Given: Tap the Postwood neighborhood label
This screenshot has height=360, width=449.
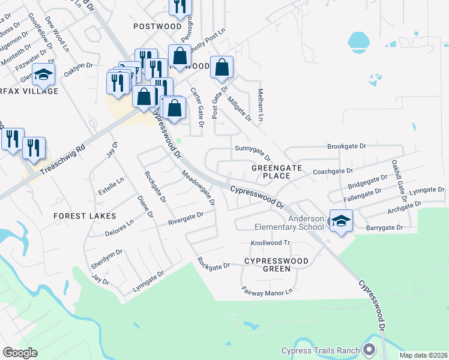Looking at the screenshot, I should (157, 26).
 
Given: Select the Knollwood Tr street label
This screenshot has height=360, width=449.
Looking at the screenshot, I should (270, 243).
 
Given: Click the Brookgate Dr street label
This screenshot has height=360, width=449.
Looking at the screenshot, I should (346, 146).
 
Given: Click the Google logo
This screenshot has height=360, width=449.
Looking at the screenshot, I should (20, 353).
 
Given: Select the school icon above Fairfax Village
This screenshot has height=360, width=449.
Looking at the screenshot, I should (43, 74).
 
